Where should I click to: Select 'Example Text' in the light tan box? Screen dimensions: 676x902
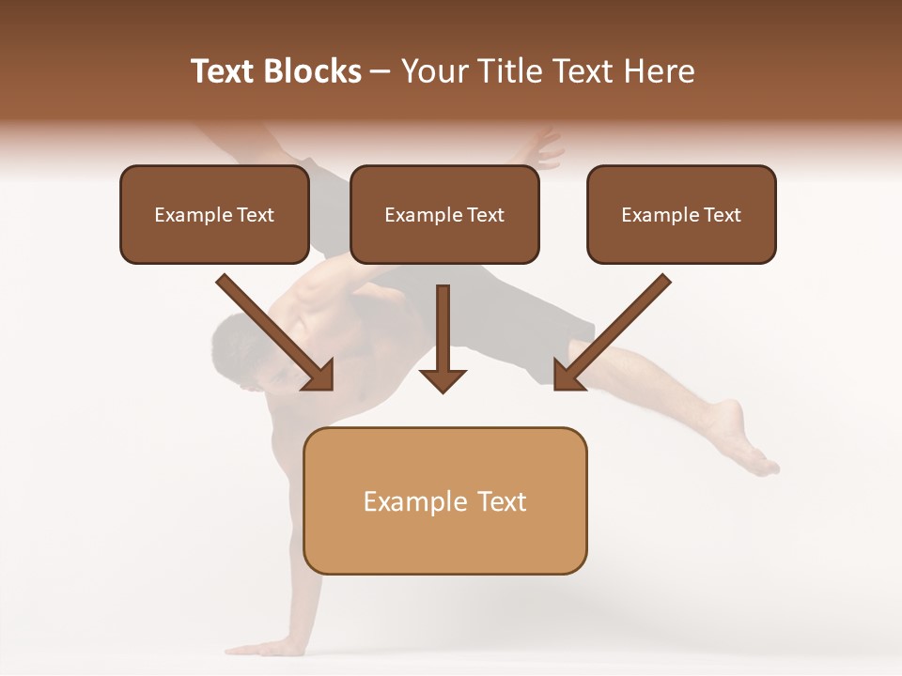click(x=444, y=501)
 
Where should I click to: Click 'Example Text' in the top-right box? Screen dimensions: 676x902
click(x=681, y=215)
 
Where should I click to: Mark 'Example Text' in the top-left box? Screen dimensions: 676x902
click(x=214, y=215)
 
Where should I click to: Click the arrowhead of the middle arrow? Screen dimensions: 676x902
click(x=443, y=379)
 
